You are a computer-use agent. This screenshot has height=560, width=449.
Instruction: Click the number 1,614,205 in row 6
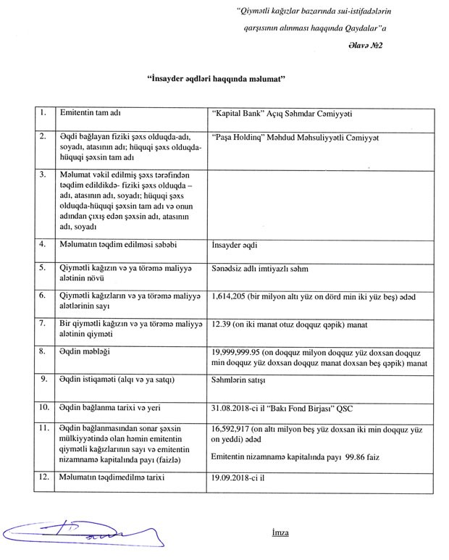pyautogui.click(x=229, y=296)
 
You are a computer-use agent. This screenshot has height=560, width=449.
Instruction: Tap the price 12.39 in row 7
pyautogui.click(x=222, y=323)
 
